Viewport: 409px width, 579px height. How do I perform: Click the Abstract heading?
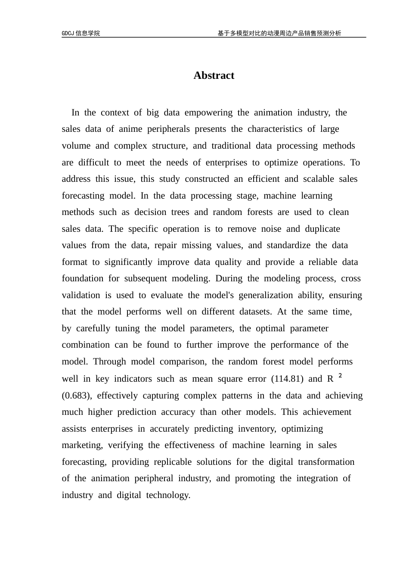(214, 75)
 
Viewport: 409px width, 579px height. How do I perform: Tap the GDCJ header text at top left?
(81, 33)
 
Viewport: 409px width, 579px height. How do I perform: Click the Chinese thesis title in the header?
(279, 33)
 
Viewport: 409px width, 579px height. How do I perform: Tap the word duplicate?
(322, 229)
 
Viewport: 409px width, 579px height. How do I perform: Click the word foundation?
(83, 279)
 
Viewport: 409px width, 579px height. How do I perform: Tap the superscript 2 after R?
(340, 376)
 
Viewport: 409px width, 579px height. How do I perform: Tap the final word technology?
(168, 495)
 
